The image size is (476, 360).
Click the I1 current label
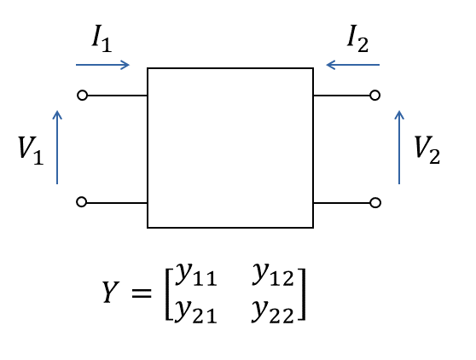click(102, 38)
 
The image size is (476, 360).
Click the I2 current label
click(358, 38)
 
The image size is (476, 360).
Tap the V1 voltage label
click(31, 150)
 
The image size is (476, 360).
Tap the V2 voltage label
click(427, 150)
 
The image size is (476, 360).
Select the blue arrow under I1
click(102, 65)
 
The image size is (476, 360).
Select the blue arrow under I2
click(353, 65)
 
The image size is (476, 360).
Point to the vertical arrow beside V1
click(57, 148)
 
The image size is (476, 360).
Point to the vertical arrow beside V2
click(399, 148)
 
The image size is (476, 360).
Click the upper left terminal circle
click(82, 96)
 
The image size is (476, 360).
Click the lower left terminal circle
click(81, 202)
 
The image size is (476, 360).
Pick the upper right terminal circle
click(375, 96)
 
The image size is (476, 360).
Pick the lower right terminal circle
click(375, 202)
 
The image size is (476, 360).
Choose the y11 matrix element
click(196, 274)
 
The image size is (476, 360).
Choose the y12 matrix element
click(273, 274)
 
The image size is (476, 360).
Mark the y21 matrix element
click(196, 311)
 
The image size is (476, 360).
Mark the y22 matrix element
click(273, 311)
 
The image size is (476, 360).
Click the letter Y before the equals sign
click(110, 292)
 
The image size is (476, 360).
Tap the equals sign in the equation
click(142, 293)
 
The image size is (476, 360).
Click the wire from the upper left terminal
click(117, 96)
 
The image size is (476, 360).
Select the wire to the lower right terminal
click(342, 203)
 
